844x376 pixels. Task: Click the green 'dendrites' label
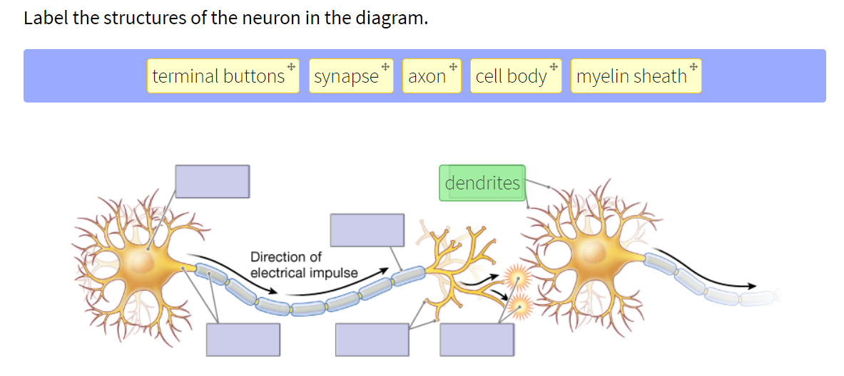pyautogui.click(x=482, y=183)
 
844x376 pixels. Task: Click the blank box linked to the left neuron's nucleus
pyautogui.click(x=212, y=181)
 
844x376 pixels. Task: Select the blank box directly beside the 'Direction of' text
pyautogui.click(x=367, y=230)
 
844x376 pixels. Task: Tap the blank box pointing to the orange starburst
pyautogui.click(x=477, y=340)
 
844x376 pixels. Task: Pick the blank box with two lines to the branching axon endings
pyautogui.click(x=372, y=340)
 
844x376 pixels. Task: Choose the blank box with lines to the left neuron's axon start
pyautogui.click(x=243, y=340)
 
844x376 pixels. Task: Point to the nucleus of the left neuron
pyautogui.click(x=141, y=262)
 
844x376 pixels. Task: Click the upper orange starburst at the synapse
pyautogui.click(x=516, y=276)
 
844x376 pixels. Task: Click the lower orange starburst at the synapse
pyautogui.click(x=520, y=306)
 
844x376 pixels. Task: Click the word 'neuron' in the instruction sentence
pyautogui.click(x=273, y=18)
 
